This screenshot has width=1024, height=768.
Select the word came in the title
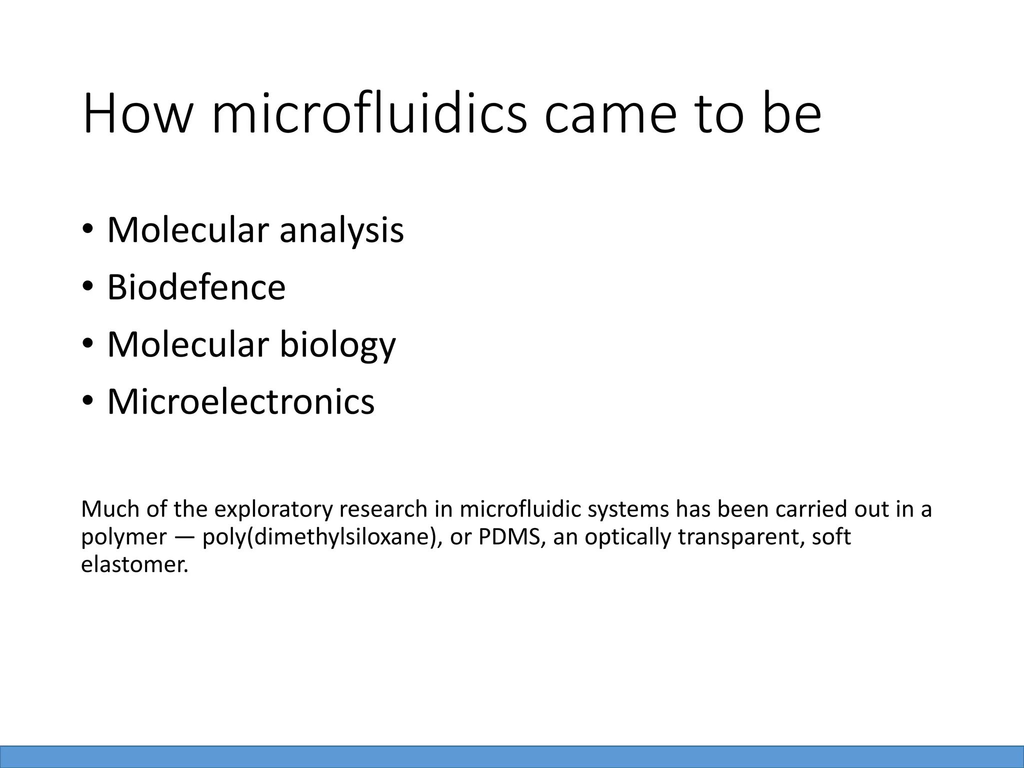coord(609,115)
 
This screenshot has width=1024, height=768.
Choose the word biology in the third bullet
coord(337,345)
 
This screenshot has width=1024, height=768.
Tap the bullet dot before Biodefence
coord(88,287)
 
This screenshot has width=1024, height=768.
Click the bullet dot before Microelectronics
coord(88,401)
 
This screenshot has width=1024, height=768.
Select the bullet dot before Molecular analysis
coord(88,230)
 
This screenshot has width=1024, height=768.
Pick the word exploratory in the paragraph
coord(273,509)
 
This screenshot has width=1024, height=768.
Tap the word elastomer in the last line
coord(134,565)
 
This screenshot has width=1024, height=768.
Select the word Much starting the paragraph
coord(109,509)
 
